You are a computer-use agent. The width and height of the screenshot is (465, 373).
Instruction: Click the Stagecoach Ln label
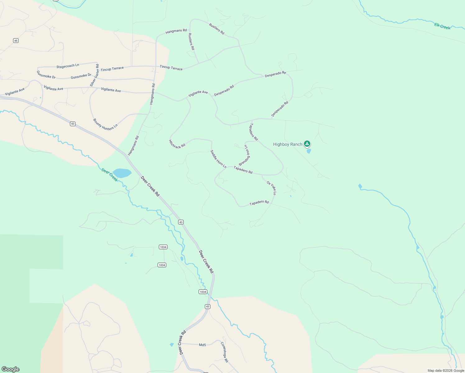pyautogui.click(x=68, y=66)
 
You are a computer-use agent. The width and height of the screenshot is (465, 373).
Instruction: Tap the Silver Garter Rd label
pyautogui.click(x=94, y=75)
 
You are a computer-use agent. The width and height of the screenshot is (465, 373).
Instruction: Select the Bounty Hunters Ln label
pyautogui.click(x=105, y=124)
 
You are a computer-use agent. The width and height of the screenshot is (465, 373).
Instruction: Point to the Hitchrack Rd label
pyautogui.click(x=177, y=144)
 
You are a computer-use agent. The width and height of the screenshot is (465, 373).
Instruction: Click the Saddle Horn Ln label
pyautogui.click(x=218, y=159)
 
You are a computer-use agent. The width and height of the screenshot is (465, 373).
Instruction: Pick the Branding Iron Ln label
pyautogui.click(x=245, y=155)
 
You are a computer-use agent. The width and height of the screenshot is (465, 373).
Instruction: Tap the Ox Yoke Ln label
pyautogui.click(x=271, y=188)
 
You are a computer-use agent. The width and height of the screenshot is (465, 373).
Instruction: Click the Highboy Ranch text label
pyautogui.click(x=288, y=144)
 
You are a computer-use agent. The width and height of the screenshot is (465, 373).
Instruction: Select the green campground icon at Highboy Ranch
pyautogui.click(x=307, y=144)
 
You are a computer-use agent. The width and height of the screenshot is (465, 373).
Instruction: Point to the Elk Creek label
pyautogui.click(x=442, y=26)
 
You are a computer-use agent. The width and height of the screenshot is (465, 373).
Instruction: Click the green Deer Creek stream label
pyautogui.click(x=110, y=175)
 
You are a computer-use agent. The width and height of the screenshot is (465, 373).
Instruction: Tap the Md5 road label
pyautogui.click(x=202, y=345)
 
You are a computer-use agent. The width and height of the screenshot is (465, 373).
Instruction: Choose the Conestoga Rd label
pyautogui.click(x=224, y=352)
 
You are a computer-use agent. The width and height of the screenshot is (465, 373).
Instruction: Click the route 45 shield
pyautogui.click(x=16, y=41)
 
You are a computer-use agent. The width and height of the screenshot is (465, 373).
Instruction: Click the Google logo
pyautogui.click(x=11, y=369)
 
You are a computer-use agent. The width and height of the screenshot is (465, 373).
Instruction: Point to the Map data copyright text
pyautogui.click(x=446, y=371)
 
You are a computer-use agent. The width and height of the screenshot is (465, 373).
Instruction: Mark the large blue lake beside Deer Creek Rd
pyautogui.click(x=122, y=173)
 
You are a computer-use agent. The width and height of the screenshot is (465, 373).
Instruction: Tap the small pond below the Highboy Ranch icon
pyautogui.click(x=309, y=151)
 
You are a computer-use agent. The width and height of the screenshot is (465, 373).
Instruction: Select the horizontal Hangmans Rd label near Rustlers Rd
pyautogui.click(x=176, y=31)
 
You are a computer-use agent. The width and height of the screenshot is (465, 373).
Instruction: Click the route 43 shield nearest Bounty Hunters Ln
pyautogui.click(x=73, y=124)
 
